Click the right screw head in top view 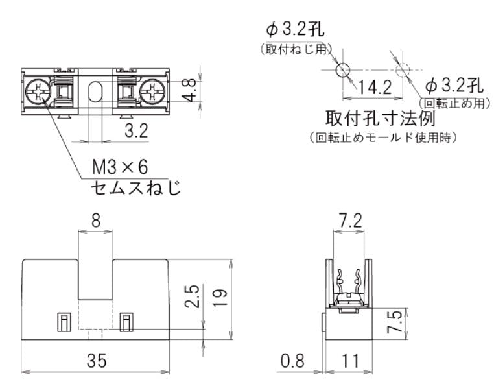[x=153, y=92]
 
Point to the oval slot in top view [x=95, y=92]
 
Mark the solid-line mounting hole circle [x=344, y=68]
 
